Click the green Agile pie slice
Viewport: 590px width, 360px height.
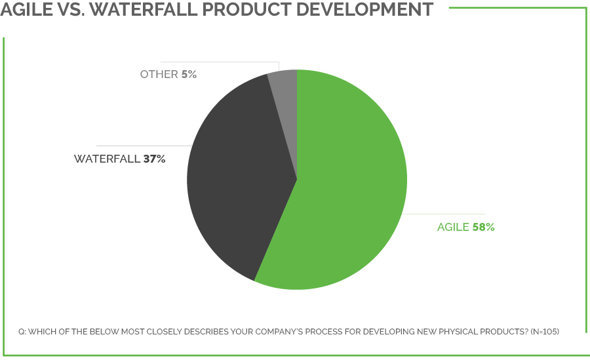coord(347,197)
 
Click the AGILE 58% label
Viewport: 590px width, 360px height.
coord(465,228)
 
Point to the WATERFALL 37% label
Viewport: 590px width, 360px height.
coord(119,159)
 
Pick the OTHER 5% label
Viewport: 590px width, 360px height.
coord(168,75)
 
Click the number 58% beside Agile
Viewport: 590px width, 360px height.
coord(483,228)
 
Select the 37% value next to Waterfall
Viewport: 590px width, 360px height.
coord(154,159)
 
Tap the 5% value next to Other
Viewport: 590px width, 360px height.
coord(189,75)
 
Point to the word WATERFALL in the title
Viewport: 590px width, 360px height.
coord(151,10)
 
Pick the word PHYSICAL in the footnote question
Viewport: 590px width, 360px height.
coord(455,332)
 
